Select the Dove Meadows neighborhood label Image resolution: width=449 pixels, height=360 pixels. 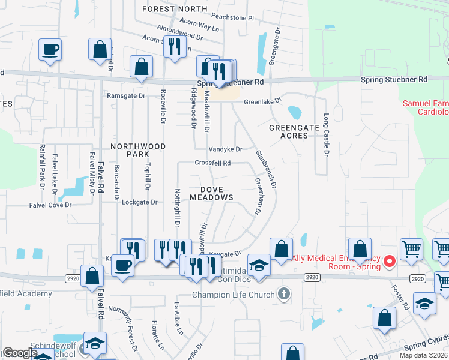(211, 193)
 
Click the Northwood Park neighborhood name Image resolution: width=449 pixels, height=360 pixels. (137, 150)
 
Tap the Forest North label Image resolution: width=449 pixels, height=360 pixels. (174, 9)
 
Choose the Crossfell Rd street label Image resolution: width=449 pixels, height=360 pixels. (212, 163)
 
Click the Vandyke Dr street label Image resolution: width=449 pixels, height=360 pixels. (225, 149)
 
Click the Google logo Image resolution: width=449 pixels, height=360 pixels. (20, 353)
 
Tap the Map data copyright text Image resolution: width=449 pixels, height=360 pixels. (424, 355)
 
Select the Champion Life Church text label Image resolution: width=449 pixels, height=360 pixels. (235, 294)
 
